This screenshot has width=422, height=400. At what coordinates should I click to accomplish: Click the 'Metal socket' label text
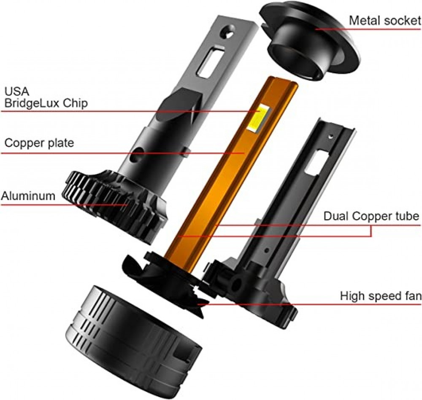tap(385, 20)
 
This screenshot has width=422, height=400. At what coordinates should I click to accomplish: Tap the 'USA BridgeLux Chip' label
tap(46, 98)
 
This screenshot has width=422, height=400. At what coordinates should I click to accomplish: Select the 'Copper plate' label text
tap(39, 143)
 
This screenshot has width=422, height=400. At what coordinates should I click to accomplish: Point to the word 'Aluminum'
tap(28, 196)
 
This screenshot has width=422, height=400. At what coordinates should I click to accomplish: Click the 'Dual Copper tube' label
tap(371, 217)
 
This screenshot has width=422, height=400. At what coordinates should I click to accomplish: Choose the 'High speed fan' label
tap(381, 295)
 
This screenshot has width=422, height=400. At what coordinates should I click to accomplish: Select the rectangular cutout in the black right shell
tap(314, 162)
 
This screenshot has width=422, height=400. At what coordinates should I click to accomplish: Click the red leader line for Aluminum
tap(63, 205)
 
